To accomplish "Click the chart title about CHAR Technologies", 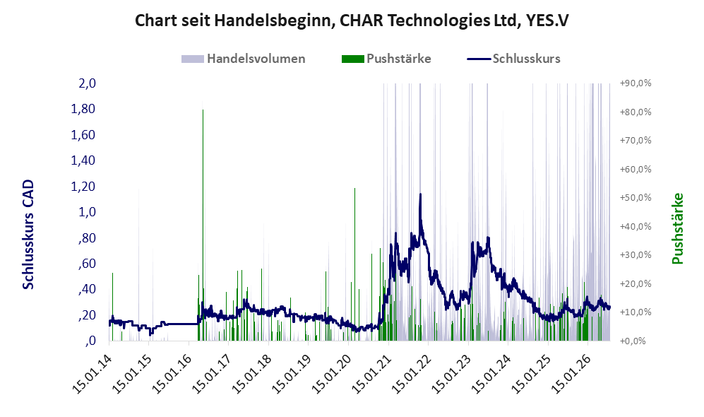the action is tap(352, 20).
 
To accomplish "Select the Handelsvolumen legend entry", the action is tap(244, 59).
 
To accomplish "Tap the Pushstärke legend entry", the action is tap(386, 59).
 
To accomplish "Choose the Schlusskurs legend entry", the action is tap(513, 59).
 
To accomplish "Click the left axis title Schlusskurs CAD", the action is tap(28, 235).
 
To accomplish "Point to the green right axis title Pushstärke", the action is tap(677, 228).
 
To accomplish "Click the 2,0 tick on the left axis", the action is tap(88, 83).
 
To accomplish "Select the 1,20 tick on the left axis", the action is tap(83, 186).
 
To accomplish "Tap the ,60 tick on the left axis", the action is tap(87, 264).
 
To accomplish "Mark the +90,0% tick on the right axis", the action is tap(636, 83).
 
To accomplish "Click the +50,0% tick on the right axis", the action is tap(636, 198).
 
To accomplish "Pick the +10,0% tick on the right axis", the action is tap(636, 312).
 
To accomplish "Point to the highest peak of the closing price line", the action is tap(420, 194).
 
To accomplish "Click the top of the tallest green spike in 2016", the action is tap(203, 110).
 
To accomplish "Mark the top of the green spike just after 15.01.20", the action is tap(354, 188).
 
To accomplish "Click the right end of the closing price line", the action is tap(609, 308).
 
